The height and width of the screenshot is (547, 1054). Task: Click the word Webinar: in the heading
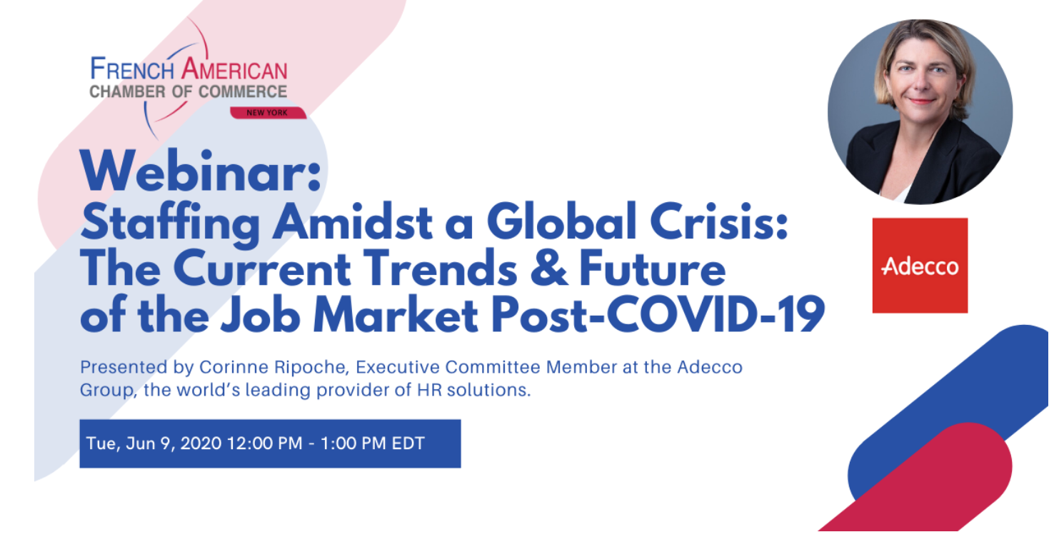tap(201, 171)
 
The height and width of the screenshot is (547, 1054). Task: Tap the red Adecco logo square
tap(920, 266)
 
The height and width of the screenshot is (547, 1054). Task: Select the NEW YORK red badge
tap(268, 113)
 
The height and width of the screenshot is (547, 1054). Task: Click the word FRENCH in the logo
tap(132, 69)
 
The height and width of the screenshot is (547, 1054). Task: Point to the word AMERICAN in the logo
tap(234, 69)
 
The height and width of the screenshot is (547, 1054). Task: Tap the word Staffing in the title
tap(171, 223)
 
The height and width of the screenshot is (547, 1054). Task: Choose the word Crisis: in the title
tap(718, 221)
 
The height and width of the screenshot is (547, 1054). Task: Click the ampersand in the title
tap(549, 269)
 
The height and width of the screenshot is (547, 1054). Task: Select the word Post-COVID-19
tap(658, 315)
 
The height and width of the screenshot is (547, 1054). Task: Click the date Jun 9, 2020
tap(174, 443)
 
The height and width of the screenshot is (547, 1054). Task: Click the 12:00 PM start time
tap(265, 443)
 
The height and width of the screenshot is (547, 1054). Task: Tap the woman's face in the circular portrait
tap(922, 75)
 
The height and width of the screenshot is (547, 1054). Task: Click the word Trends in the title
tap(441, 269)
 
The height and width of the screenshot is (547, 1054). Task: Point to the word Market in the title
tap(396, 315)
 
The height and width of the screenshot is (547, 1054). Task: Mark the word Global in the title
tap(561, 221)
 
